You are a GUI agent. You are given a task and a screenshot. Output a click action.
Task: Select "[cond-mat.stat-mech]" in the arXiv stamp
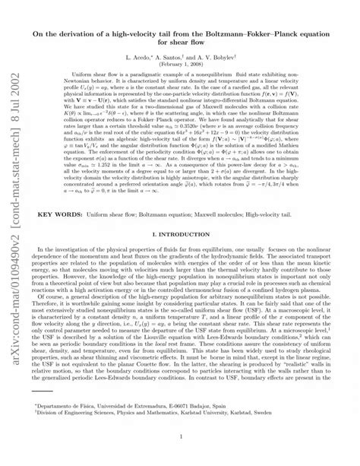14,141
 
